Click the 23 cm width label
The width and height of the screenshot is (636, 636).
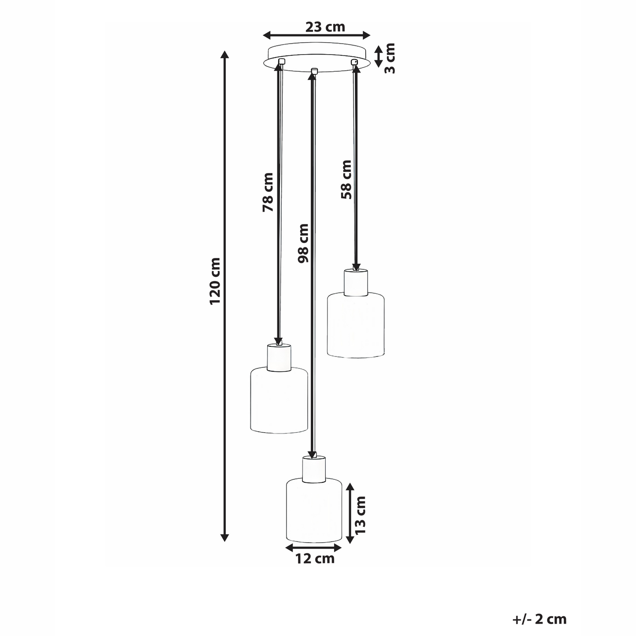tap(325, 27)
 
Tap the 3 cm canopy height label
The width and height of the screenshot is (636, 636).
tap(390, 58)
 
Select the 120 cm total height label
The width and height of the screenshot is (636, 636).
tap(215, 282)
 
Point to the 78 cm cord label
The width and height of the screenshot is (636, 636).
tap(268, 192)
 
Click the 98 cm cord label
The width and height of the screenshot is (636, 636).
tap(303, 243)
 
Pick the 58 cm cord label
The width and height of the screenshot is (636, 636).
tap(346, 180)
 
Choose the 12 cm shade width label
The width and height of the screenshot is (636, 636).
tap(315, 559)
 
